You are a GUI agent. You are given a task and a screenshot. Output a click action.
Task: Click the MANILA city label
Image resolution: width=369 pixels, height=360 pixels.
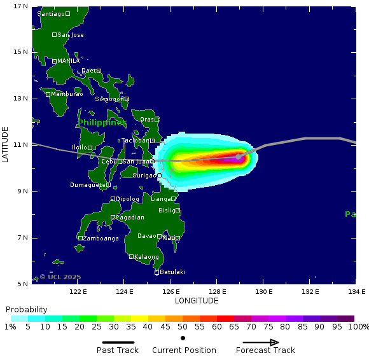[x=69, y=61]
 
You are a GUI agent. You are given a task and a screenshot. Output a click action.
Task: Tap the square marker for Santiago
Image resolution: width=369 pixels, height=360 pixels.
[x=67, y=13]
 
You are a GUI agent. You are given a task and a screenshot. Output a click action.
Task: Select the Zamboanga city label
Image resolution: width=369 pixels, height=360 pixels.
[x=101, y=239]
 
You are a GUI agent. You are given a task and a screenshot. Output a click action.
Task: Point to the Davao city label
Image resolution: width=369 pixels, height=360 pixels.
[x=146, y=236]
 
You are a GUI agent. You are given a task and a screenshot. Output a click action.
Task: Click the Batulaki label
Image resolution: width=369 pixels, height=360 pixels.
[x=172, y=272]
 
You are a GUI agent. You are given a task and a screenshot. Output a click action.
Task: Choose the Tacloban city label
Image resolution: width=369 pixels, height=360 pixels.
[x=134, y=141]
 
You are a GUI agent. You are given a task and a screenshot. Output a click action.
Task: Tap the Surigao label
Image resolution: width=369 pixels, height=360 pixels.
[x=144, y=175]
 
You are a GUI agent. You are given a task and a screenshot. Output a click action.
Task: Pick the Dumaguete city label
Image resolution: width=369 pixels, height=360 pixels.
[x=87, y=185]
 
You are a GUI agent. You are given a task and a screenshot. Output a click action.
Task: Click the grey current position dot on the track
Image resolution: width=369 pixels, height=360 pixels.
[x=239, y=156]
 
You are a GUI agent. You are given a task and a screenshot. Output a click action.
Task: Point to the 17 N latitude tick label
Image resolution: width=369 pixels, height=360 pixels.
[x=20, y=6]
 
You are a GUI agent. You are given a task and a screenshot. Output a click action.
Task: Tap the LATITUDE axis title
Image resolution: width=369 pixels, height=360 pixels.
[x=5, y=145]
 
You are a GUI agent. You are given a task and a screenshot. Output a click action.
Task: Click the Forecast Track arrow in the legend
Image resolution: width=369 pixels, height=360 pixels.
[x=265, y=342]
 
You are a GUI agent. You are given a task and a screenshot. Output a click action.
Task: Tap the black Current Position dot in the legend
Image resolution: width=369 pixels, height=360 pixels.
[x=183, y=338]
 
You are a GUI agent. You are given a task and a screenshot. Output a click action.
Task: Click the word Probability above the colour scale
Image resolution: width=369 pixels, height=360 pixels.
[x=27, y=309]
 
